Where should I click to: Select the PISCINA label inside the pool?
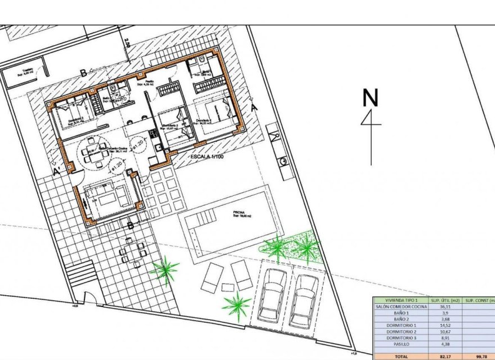[240, 213]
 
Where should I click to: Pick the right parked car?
[304, 300]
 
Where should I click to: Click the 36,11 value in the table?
[445, 307]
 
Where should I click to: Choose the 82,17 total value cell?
[445, 356]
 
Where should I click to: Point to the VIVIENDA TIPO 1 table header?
[400, 300]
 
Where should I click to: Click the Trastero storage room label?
[28, 71]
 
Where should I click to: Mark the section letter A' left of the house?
[56, 172]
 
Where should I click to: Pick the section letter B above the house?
[83, 73]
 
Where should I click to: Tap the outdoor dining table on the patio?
[131, 251]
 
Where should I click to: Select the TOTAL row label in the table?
[400, 356]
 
